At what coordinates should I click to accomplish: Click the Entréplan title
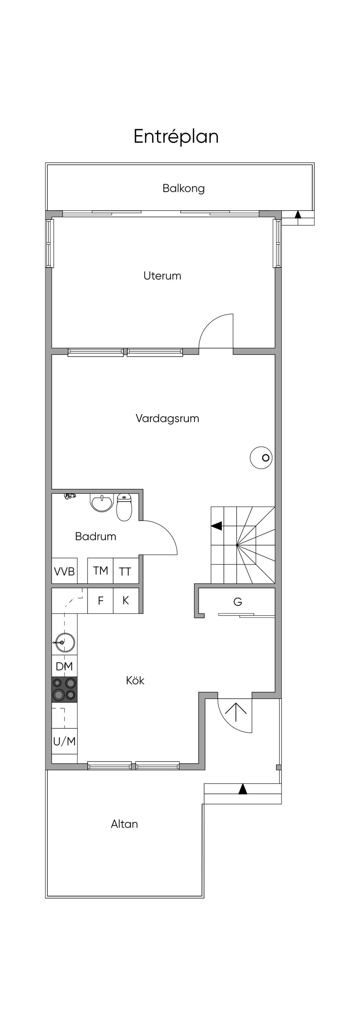click(x=176, y=137)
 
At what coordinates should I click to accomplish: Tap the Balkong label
click(x=184, y=188)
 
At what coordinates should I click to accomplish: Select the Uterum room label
click(x=162, y=276)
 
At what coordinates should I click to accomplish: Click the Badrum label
click(x=96, y=536)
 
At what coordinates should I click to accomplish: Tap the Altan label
click(x=124, y=824)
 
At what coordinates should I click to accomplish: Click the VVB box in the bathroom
click(x=64, y=571)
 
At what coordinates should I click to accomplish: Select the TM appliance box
click(x=101, y=571)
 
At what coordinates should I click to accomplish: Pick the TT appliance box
click(x=126, y=571)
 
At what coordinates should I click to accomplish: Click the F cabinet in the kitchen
click(x=101, y=601)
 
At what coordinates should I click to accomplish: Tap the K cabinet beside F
click(x=126, y=601)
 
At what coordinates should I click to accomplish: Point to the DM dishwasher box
click(x=64, y=666)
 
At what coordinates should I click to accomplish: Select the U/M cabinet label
click(x=64, y=741)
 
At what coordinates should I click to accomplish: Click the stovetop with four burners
click(x=64, y=689)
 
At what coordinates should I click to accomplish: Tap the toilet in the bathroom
click(x=124, y=507)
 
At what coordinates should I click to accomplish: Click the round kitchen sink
click(x=65, y=642)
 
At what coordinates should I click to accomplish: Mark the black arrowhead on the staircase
click(x=217, y=526)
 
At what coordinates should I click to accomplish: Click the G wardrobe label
click(x=238, y=602)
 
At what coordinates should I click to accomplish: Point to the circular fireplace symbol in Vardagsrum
click(x=261, y=457)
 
